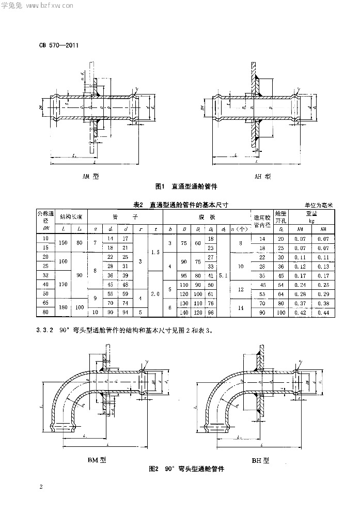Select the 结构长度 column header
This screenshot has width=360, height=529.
pos(71,216)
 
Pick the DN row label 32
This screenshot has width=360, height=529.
pos(45,275)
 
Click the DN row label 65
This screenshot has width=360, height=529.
pos(45,303)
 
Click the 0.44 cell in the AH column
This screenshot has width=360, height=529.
pos(323,313)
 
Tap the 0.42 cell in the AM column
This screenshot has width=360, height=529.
pos(300,313)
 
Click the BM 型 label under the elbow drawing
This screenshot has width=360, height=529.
pos(98,459)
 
